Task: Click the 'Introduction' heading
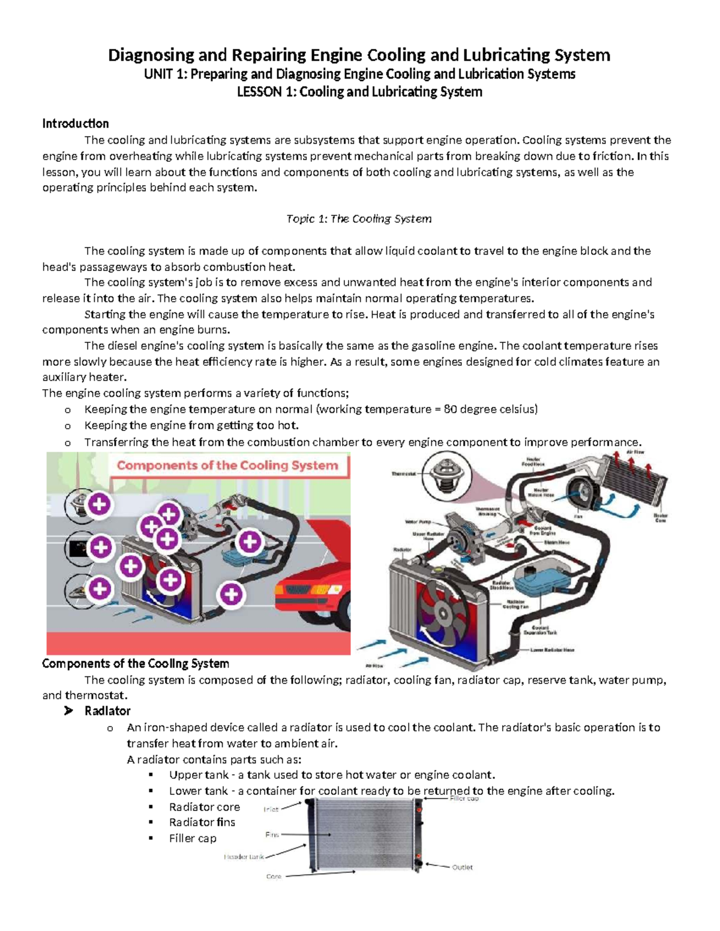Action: coord(76,123)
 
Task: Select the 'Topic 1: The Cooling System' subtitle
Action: coord(359,219)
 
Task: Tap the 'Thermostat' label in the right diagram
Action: coord(403,474)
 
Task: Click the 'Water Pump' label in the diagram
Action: coord(418,522)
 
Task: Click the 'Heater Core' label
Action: coord(660,518)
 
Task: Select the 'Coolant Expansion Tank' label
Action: coord(540,629)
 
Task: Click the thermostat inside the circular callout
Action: coord(446,474)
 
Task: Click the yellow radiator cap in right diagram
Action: coord(440,567)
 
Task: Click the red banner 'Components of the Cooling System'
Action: coord(227,465)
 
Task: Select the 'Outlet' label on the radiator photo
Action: coord(462,867)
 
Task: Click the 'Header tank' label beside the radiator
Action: coord(244,857)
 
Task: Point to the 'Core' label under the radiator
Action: coord(274,876)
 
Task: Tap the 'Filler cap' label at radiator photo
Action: coord(464,799)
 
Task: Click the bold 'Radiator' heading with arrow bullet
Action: coord(107,711)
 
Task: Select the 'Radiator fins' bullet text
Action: coord(202,822)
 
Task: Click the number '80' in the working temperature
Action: coord(450,409)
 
